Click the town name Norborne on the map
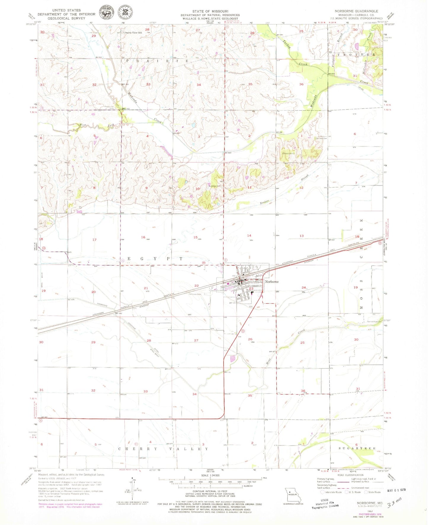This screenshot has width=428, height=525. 272,281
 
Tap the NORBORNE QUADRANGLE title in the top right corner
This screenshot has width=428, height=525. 356,11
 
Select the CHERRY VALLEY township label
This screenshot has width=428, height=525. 163,449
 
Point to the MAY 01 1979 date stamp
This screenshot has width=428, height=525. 396,490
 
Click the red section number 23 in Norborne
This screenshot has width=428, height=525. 251,289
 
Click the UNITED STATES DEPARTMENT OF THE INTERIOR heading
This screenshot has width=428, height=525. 66,14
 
